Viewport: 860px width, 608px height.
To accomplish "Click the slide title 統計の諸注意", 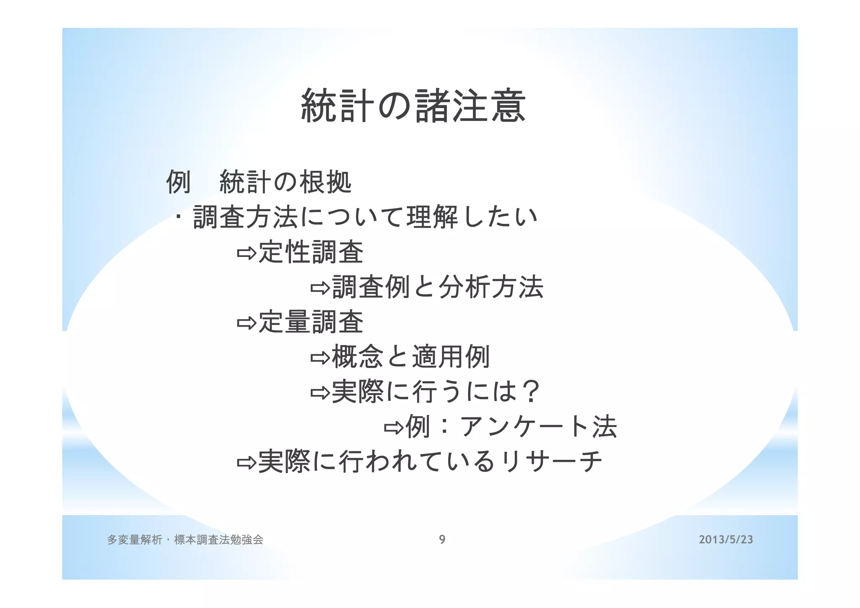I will pos(413,106).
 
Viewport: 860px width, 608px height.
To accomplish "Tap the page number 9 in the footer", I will pos(442,540).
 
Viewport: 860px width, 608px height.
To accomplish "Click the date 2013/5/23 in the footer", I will pos(726,540).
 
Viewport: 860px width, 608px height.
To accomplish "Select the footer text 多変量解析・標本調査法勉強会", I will pos(185,540).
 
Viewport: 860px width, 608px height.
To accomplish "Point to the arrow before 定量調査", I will pos(246,323).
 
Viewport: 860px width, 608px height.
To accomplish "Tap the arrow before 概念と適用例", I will pos(320,358).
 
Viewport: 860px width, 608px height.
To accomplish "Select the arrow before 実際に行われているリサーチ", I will pos(246,463).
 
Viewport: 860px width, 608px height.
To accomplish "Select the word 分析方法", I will pos(491,287).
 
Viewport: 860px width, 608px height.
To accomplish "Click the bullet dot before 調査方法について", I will pos(179,218).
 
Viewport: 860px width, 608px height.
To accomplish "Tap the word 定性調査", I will pos(311,252).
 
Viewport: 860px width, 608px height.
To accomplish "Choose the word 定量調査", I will pos(311,322).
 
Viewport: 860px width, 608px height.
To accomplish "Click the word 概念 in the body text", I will pos(357,357).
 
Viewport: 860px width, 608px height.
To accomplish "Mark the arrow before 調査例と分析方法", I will pos(320,288).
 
